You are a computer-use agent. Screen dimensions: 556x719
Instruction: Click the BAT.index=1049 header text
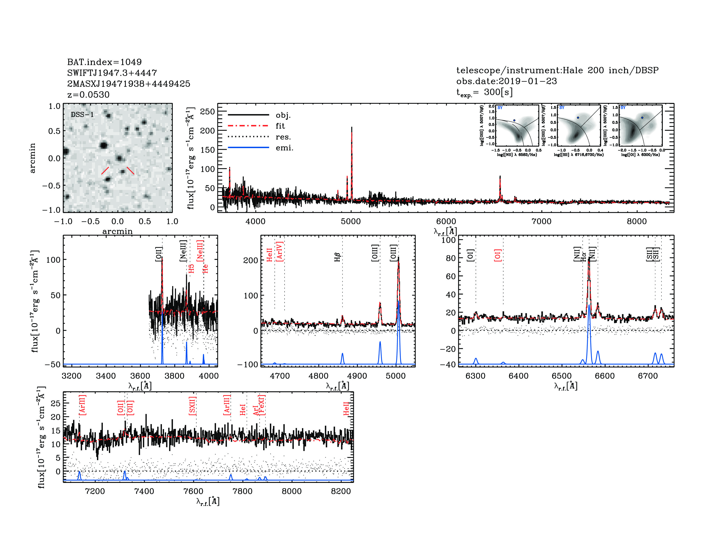click(104, 62)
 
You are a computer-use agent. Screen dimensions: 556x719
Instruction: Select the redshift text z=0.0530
click(88, 95)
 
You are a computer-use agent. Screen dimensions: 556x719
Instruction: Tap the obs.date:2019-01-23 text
click(506, 81)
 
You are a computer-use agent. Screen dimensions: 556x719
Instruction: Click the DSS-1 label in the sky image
click(82, 115)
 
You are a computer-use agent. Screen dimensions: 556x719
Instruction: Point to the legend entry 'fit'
click(280, 126)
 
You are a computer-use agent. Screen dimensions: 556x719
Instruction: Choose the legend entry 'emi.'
click(284, 148)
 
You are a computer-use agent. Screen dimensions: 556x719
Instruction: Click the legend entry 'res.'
click(283, 137)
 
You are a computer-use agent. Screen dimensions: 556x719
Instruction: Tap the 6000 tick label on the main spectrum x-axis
click(446, 221)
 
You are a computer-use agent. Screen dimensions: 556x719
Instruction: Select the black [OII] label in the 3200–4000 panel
click(159, 254)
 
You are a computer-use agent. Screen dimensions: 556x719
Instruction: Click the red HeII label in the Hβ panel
click(269, 255)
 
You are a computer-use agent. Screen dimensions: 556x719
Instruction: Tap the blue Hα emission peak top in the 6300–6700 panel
click(589, 305)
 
